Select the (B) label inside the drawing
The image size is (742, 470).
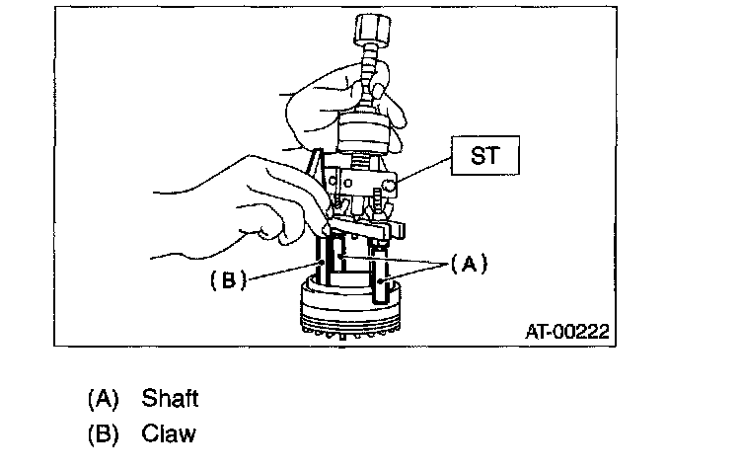[x=227, y=279]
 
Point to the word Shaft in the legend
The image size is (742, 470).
[x=170, y=399]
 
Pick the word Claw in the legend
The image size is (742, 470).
[x=169, y=433]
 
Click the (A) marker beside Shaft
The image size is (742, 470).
[x=104, y=399]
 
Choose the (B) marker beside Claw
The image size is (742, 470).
[x=104, y=433]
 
